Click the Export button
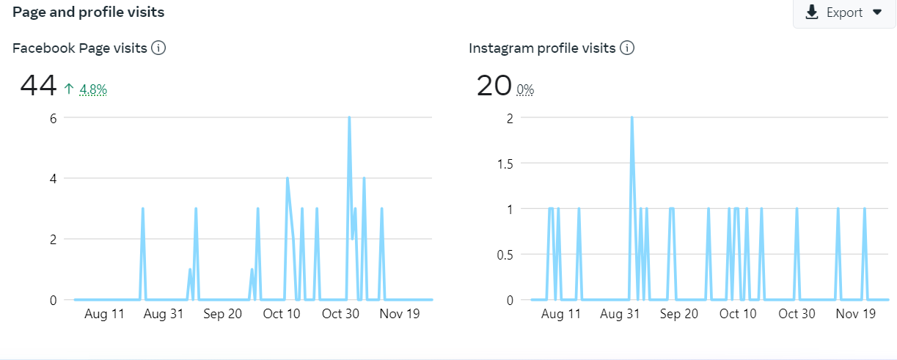(844, 12)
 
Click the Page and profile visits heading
(89, 12)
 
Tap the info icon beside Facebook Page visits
(158, 48)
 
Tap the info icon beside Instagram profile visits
(627, 48)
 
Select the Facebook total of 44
(38, 87)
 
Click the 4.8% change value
(93, 89)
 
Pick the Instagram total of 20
(494, 87)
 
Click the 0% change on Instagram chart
(525, 89)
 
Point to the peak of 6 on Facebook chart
(349, 118)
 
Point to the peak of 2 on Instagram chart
(631, 118)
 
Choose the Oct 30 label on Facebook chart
(341, 314)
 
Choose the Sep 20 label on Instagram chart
(679, 314)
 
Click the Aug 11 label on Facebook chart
(105, 314)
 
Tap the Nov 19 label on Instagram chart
(856, 314)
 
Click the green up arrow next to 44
(69, 89)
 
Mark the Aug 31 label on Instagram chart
(620, 314)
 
